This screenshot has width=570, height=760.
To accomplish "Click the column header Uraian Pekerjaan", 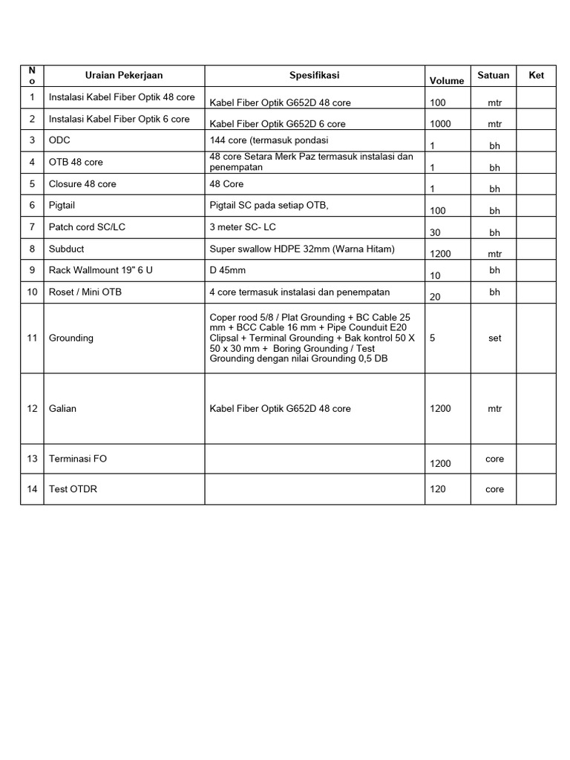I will pos(124,76).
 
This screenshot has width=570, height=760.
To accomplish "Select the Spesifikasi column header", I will pos(314,76).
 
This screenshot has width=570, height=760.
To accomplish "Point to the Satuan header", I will pos(494,76).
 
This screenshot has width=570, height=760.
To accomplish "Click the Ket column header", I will pos(536,76).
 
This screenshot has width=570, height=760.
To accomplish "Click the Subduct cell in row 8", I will pos(66,249).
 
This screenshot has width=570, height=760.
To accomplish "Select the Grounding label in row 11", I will pos(71,338).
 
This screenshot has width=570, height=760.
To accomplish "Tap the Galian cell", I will pos(62,408).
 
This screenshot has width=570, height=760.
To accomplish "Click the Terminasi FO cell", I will pos(77,459).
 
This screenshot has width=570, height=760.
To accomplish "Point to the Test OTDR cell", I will pos(73,489).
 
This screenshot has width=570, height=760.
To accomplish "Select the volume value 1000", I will pos(440,124).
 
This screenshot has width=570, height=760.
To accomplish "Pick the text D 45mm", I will pos(228,270).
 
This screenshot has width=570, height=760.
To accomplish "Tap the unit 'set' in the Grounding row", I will pos(495,338).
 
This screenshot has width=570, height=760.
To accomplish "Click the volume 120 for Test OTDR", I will pos(438,489).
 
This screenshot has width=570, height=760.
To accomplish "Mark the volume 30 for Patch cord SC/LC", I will pos(436,232).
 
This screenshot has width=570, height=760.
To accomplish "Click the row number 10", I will pos(32,292).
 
